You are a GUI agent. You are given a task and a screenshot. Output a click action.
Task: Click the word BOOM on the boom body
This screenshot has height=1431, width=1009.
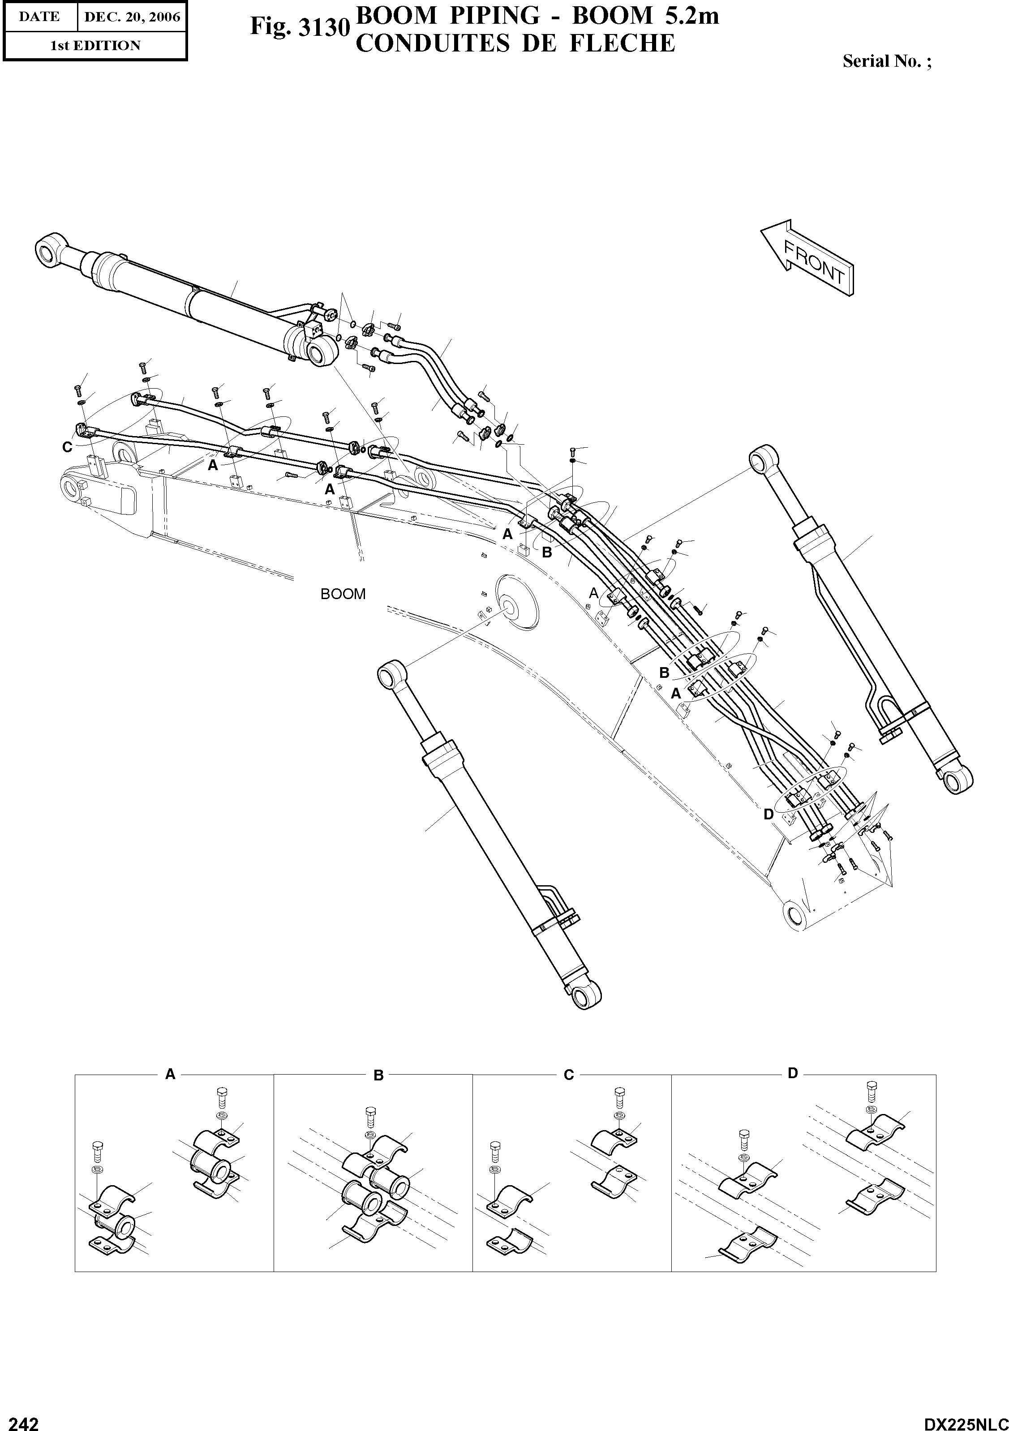click(343, 594)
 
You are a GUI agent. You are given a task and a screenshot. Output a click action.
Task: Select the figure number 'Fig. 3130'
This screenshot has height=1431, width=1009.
click(298, 27)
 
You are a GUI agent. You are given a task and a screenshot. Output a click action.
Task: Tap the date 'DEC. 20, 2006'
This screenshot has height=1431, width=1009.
click(132, 17)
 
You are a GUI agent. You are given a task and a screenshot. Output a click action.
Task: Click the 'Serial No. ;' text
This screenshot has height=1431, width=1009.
click(887, 61)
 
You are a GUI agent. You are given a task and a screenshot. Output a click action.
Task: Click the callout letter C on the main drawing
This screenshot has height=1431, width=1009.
click(67, 447)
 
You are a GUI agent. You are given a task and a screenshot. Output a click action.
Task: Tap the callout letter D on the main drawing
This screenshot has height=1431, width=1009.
click(769, 814)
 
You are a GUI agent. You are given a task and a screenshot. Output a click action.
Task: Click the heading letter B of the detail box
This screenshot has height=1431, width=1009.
click(378, 1075)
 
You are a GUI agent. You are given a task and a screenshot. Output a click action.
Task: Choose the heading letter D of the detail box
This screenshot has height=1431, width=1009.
click(792, 1073)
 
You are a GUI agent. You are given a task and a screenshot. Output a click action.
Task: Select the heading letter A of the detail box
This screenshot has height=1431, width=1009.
click(170, 1073)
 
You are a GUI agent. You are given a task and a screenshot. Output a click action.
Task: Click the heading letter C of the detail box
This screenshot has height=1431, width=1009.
click(568, 1075)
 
